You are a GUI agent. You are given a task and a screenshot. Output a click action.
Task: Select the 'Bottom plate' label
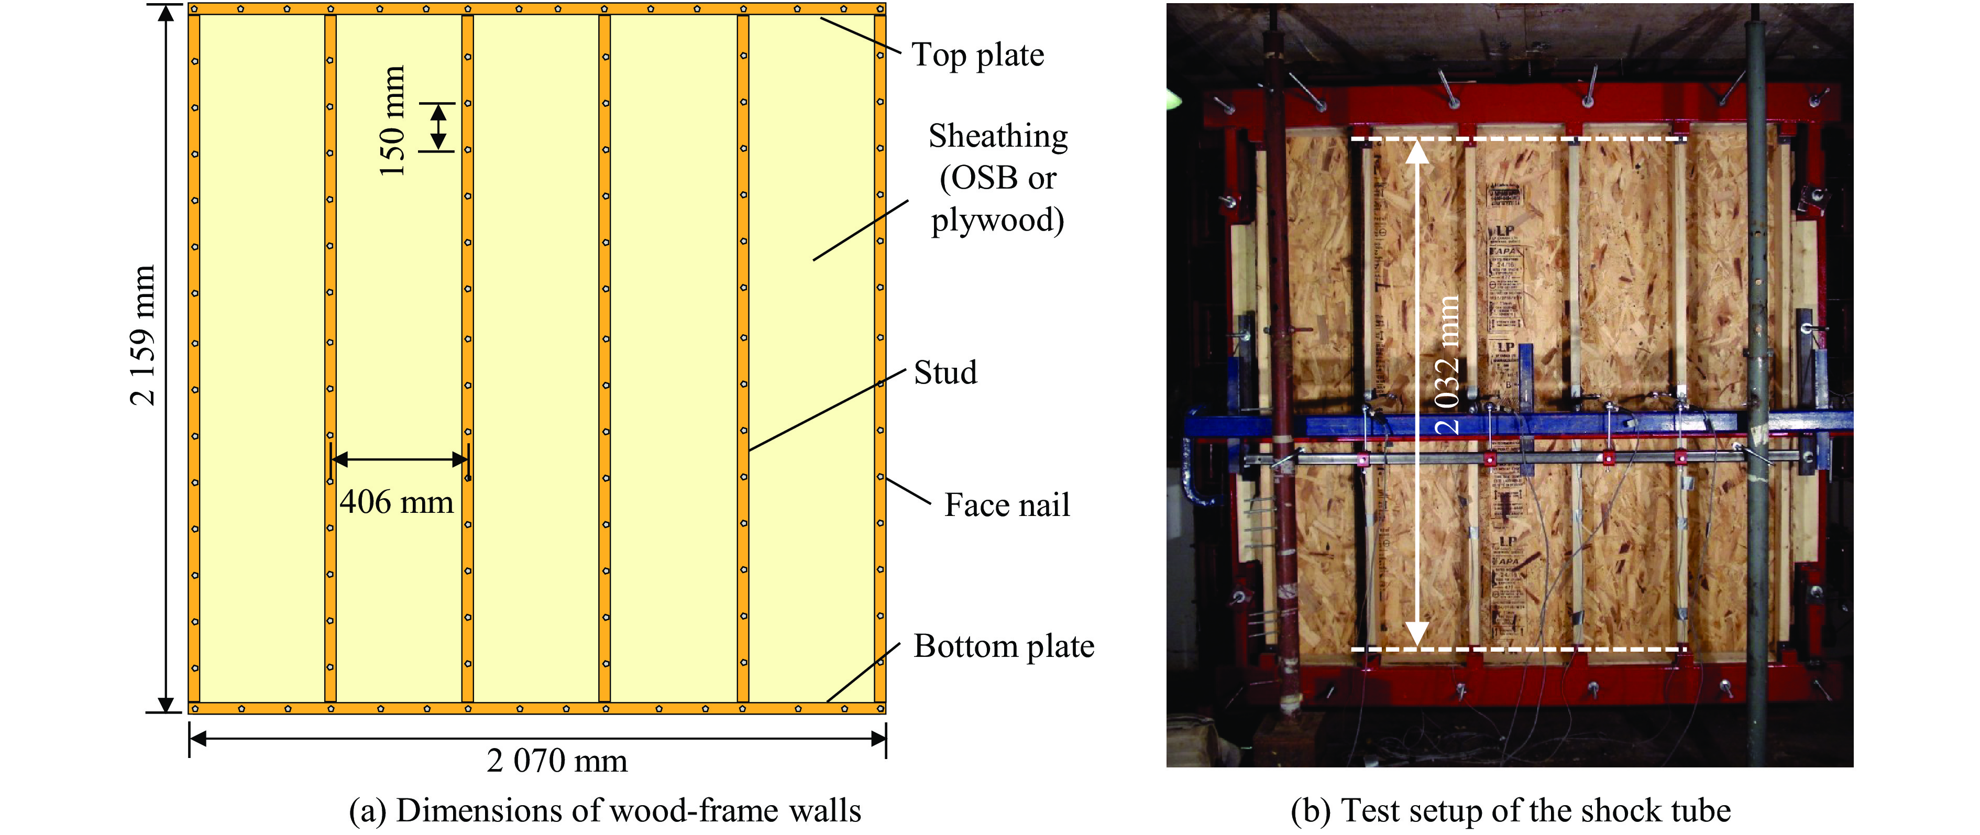click(x=1003, y=646)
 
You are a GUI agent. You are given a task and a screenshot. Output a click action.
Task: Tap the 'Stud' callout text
click(x=944, y=373)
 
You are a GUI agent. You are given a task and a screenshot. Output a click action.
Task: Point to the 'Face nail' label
click(x=1006, y=505)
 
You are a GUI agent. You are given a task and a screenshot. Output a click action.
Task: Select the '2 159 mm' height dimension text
click(x=143, y=335)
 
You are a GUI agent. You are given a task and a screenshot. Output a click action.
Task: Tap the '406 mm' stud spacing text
click(x=396, y=502)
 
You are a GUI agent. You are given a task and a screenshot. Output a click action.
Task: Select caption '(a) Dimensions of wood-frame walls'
click(x=605, y=810)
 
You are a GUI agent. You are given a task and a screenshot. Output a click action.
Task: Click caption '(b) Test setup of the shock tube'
click(x=1510, y=810)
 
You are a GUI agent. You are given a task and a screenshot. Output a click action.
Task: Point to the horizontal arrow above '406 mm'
click(x=399, y=460)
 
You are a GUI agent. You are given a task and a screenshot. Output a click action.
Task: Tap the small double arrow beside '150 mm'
click(x=437, y=127)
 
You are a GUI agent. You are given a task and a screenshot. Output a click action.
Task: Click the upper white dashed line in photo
click(x=1518, y=139)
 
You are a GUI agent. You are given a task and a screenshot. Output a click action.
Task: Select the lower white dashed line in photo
click(x=1518, y=650)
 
